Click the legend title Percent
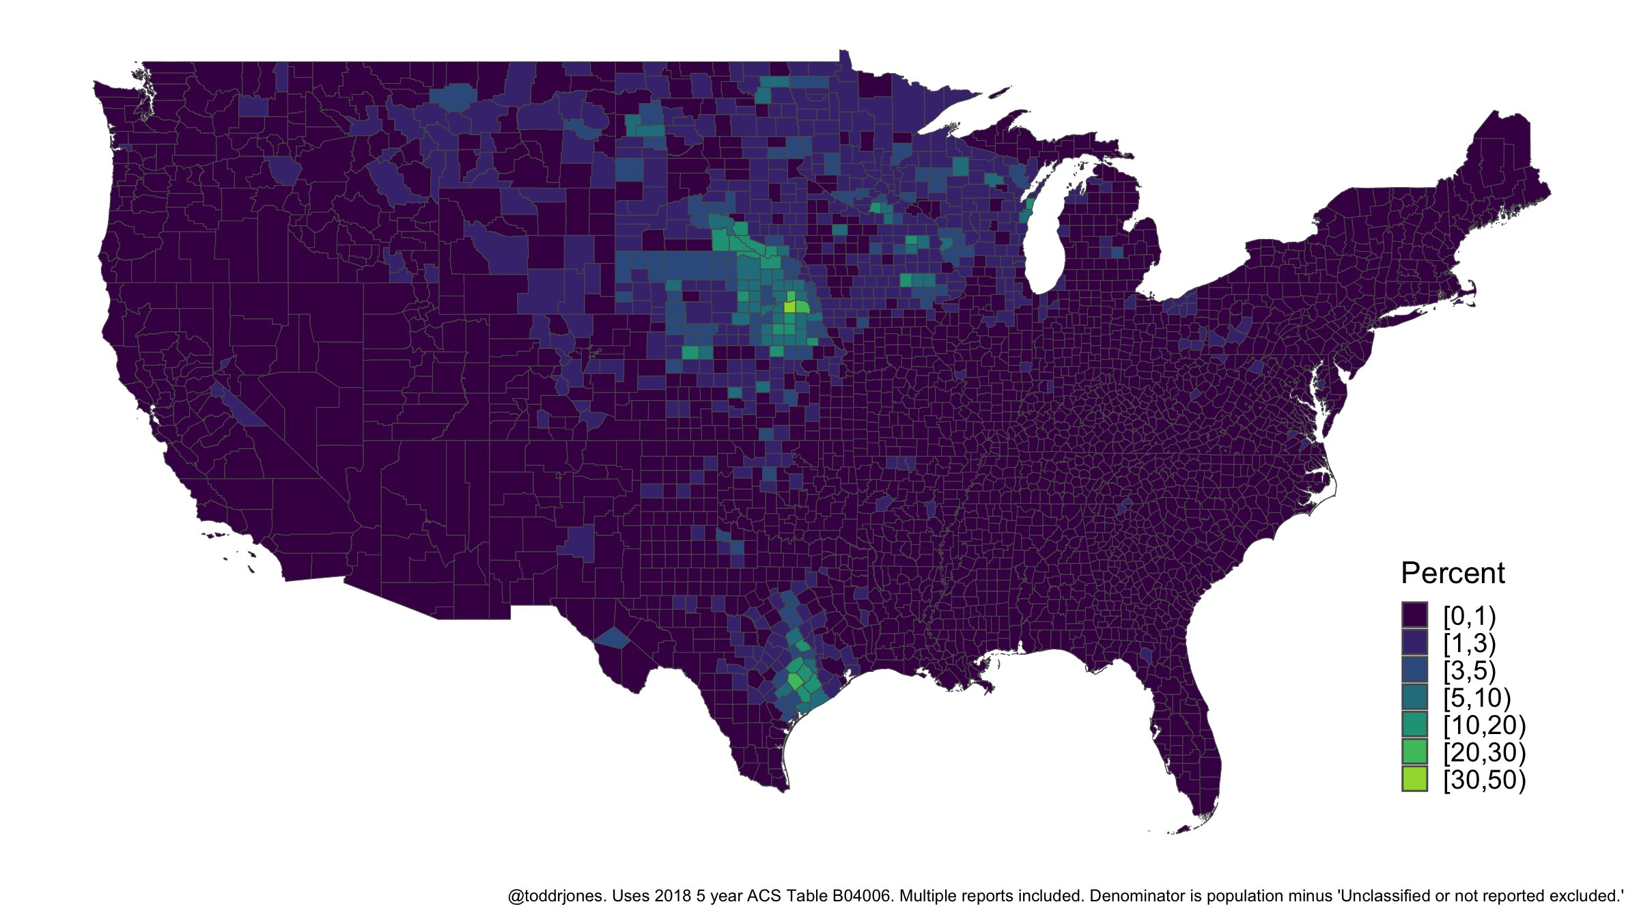point(1453,574)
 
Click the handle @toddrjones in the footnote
point(556,896)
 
